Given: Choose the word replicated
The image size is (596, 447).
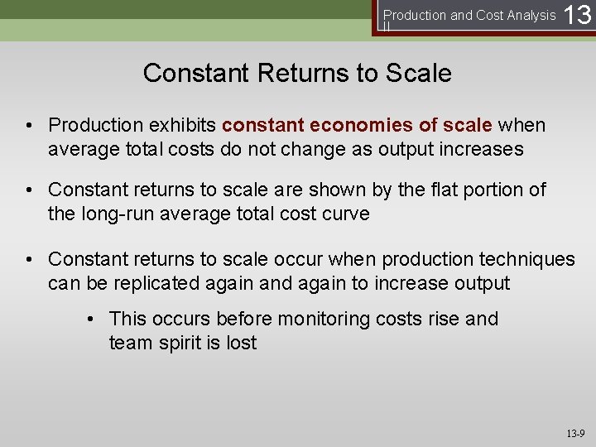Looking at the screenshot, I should [x=162, y=283].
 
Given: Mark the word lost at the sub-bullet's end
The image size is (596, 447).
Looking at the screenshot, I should [x=241, y=343].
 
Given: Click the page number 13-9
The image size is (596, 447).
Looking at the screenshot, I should [x=575, y=434].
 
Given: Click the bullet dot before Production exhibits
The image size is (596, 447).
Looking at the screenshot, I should [x=29, y=126].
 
